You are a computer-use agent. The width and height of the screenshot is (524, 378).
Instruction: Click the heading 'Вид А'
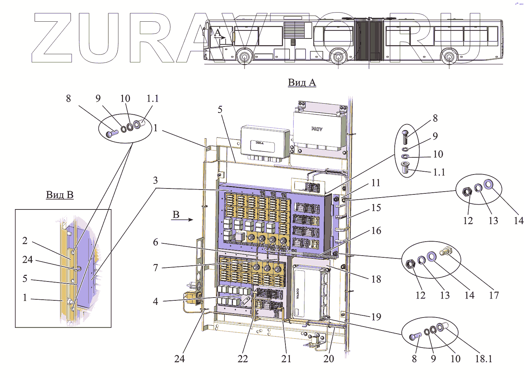pyautogui.click(x=302, y=83)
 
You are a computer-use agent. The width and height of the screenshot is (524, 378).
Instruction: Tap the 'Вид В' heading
pyautogui.click(x=60, y=195)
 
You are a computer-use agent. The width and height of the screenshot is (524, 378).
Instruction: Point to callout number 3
pyautogui.click(x=155, y=180)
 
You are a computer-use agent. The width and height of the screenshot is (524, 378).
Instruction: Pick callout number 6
pyautogui.click(x=155, y=242)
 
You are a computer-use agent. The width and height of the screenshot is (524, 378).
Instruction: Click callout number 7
pyautogui.click(x=155, y=268)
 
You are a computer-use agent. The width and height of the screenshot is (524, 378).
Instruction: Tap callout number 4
pyautogui.click(x=155, y=301)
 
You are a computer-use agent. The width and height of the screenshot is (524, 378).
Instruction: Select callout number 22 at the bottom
pyautogui.click(x=243, y=358)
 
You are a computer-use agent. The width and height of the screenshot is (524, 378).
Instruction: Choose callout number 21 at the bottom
pyautogui.click(x=286, y=358)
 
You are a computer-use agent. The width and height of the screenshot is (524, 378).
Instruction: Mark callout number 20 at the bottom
pyautogui.click(x=329, y=358)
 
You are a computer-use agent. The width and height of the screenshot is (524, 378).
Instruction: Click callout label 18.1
pyautogui.click(x=483, y=358)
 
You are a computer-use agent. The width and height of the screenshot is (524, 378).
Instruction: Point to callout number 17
pyautogui.click(x=494, y=295)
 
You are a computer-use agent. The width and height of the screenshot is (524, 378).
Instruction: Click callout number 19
pyautogui.click(x=376, y=316)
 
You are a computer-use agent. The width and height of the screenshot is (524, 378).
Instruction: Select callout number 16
pyautogui.click(x=376, y=230)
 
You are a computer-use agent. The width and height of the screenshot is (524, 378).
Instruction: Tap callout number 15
pyautogui.click(x=376, y=207)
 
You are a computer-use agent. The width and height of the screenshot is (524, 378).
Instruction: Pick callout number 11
pyautogui.click(x=376, y=183)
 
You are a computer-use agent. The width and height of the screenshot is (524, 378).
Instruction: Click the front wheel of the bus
pyautogui.click(x=245, y=56)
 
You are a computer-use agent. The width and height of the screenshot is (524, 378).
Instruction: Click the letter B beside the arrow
pyautogui.click(x=176, y=215)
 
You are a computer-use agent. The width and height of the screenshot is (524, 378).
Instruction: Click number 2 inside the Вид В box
pyautogui.click(x=25, y=241)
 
